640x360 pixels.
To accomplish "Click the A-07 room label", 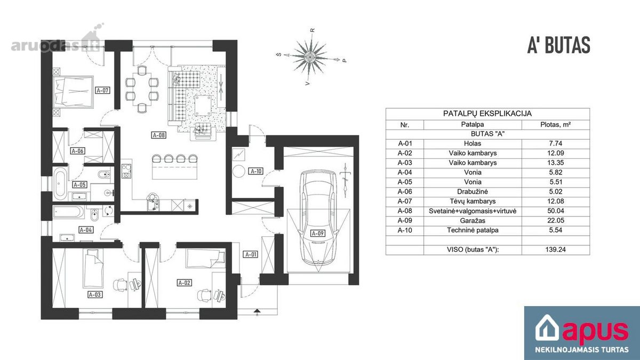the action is pos(102,90).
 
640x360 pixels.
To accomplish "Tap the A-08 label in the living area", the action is pos(158,135).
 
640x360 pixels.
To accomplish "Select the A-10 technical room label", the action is pos(256,171).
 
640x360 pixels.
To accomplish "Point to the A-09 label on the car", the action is pos(317,233).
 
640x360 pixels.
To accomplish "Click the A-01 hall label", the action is pos(251,254).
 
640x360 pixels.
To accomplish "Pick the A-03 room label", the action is pos(94,294).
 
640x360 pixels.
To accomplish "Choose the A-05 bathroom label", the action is pos(79,185).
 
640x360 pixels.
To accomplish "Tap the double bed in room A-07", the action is pos(74,92).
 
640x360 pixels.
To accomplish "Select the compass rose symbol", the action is pos(310,57).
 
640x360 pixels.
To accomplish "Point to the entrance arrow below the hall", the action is pos(257,311).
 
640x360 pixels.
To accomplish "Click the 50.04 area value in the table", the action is pos(555,211).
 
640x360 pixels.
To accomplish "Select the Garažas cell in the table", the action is pos(473,221).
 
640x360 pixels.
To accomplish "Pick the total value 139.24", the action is pos(555,250).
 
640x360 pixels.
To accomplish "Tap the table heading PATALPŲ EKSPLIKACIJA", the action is pos(487,114).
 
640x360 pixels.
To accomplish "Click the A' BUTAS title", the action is pos(558,45).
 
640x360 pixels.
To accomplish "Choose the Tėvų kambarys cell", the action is pos(473,201).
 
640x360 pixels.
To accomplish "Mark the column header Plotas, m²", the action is pos(555,125).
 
